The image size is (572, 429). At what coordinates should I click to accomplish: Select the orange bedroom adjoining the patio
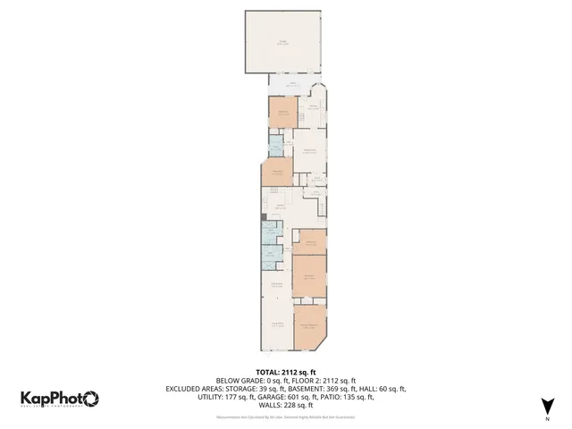pyautogui.click(x=282, y=114)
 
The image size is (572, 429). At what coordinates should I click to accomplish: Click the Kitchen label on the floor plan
pyautogui.click(x=279, y=206)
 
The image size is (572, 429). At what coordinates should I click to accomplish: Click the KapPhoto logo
pyautogui.click(x=60, y=399)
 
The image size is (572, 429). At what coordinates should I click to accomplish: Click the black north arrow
pyautogui.click(x=547, y=404)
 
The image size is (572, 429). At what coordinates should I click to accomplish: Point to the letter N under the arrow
pyautogui.click(x=547, y=418)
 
